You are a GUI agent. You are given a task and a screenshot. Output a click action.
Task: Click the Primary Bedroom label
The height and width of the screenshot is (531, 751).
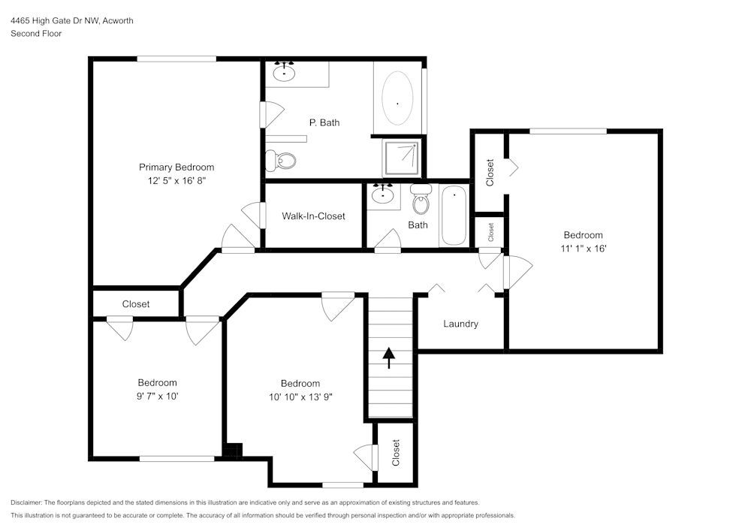[x=176, y=167]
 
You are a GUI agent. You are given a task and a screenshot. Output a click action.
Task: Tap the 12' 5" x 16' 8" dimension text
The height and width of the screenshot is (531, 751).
[x=176, y=180]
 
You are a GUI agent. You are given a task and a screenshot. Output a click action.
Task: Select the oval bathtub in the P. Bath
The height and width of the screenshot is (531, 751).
[x=397, y=98]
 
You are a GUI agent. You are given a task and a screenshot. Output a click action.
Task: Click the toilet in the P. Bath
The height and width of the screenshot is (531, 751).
[x=281, y=161]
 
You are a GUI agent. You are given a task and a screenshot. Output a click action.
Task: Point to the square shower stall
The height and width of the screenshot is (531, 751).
[x=401, y=158]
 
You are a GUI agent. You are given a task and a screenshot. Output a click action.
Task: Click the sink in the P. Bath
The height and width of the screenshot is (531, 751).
[x=284, y=72]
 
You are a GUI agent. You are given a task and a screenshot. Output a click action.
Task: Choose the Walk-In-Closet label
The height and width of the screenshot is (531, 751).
[x=313, y=216]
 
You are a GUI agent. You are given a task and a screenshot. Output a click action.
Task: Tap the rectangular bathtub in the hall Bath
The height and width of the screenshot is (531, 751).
[x=454, y=216]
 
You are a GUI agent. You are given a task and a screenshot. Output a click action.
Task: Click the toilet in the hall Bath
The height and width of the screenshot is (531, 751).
[x=421, y=199]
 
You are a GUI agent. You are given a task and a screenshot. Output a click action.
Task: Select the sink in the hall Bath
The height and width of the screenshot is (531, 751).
[x=383, y=194]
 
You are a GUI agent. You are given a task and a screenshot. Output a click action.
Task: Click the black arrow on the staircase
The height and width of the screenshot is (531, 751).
[x=389, y=358]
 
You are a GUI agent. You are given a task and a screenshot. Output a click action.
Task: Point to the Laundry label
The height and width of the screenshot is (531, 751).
[x=461, y=324]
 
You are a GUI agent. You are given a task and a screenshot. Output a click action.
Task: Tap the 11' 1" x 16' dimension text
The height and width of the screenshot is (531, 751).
[x=584, y=249]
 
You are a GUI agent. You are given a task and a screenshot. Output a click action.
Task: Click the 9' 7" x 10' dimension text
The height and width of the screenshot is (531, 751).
[x=157, y=396]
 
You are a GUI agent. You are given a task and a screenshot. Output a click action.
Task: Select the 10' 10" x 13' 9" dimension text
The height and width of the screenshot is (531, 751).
[x=300, y=397]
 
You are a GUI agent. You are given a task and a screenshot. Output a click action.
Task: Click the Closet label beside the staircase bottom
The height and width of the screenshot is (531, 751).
[x=396, y=452]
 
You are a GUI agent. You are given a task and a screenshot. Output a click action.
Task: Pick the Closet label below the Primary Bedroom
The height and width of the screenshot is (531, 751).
[x=135, y=304]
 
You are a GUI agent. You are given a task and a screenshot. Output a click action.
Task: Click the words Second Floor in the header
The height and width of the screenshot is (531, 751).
[x=36, y=34]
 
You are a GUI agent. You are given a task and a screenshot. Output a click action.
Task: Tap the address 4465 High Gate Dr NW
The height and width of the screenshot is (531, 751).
[x=55, y=20]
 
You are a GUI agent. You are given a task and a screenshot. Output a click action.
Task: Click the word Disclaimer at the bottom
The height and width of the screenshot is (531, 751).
[x=26, y=502]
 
